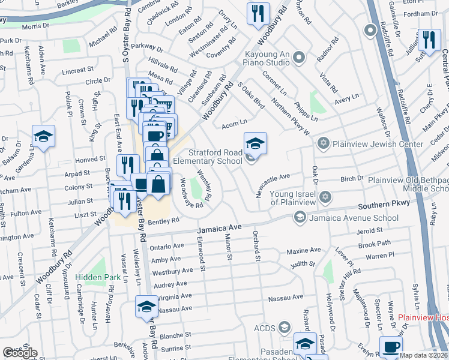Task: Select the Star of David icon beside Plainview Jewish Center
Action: pos(324,143)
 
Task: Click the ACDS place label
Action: pos(264,328)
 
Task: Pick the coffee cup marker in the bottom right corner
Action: pos(391,347)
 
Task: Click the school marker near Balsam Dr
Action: pos(43,137)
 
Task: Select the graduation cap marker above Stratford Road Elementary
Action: pos(255,144)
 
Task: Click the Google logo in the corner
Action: pos(20,353)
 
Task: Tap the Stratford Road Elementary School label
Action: pos(208,157)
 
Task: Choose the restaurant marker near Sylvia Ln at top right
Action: pos(429,40)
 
